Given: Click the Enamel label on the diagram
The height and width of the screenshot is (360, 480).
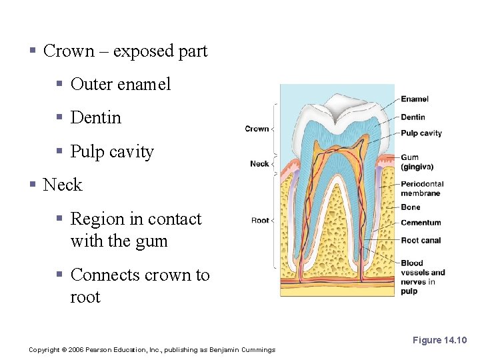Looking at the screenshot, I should pos(414,99).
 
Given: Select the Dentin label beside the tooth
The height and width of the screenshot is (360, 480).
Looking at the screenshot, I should pos(413,117).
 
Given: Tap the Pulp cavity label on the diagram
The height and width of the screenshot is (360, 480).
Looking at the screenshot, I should pos(421,133).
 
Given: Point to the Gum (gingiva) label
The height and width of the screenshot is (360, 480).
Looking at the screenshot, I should pos(417,163).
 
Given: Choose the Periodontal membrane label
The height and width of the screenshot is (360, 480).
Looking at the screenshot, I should pos(421,189).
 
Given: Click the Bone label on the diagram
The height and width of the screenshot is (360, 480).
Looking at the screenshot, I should pos(411,207).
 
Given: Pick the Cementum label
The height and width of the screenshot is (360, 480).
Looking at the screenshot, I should pos(421,223).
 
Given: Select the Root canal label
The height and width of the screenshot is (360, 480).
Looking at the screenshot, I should pos(421,241).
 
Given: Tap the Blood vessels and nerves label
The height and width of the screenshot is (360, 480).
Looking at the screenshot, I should pos(422,277).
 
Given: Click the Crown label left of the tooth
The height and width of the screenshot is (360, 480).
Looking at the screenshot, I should pos(257,129).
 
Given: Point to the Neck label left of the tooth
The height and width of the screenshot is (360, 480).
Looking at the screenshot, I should pos(259,164).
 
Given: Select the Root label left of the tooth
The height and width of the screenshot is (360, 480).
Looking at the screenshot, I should pos(260,220).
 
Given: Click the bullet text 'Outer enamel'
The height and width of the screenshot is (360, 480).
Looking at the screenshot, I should pos(120,84).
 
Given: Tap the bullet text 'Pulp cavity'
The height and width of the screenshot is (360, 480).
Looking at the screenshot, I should pos(111,151).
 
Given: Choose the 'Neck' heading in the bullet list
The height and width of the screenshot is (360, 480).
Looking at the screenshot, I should pos(62,185).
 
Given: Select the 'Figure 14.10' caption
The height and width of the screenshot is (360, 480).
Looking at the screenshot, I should pos(439,341).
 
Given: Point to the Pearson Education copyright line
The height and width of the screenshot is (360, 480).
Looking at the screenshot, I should pos(151,350).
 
